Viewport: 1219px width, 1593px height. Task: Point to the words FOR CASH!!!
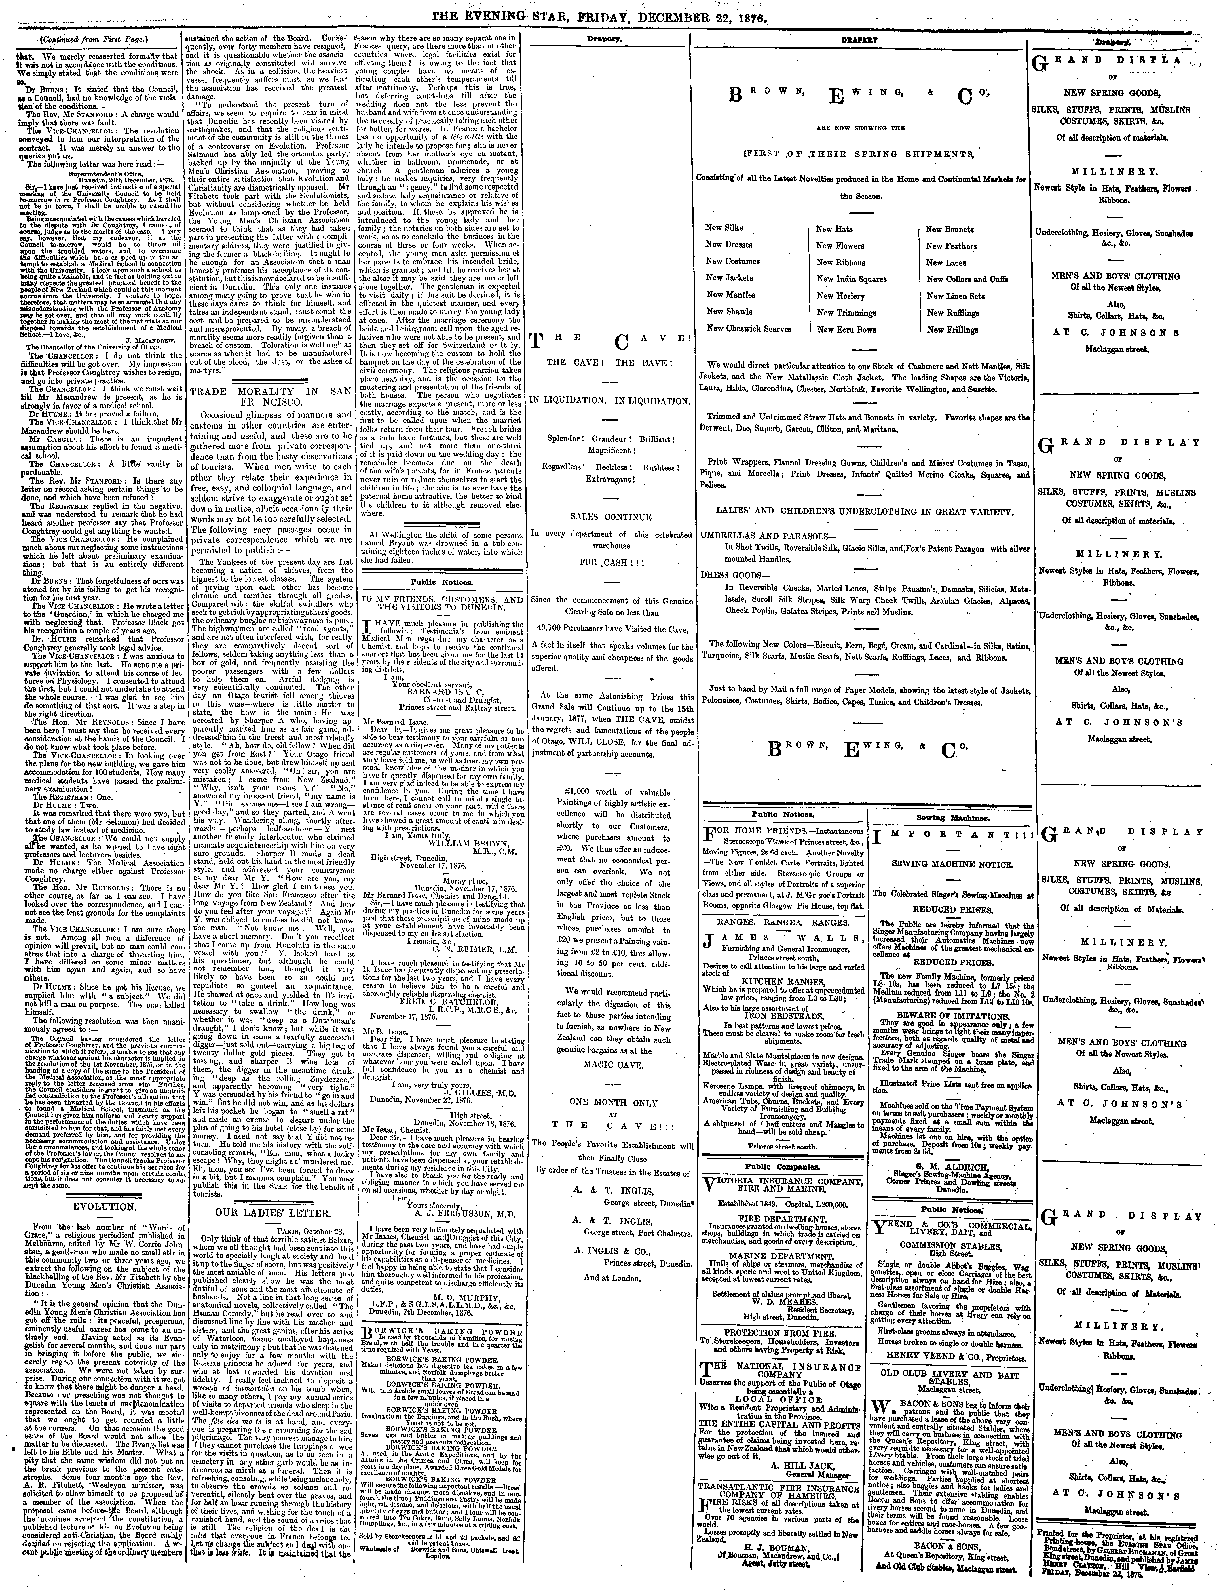pyautogui.click(x=611, y=562)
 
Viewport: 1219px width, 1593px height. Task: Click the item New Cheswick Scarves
pyautogui.click(x=749, y=328)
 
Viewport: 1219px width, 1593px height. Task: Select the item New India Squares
pyautogui.click(x=851, y=279)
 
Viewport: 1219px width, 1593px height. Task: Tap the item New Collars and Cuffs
pyautogui.click(x=967, y=279)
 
